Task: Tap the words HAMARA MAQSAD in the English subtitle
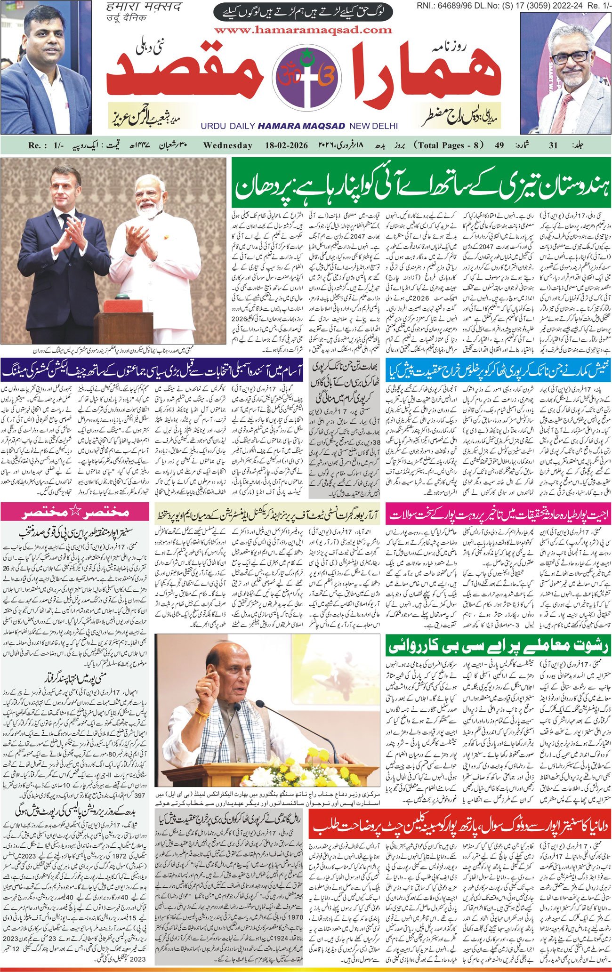[301, 126]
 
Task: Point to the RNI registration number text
[514, 5]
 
